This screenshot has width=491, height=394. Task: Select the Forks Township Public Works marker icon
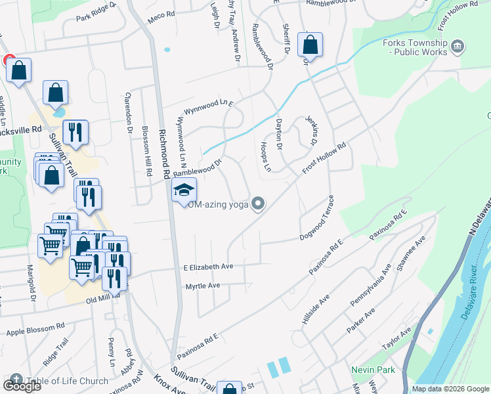tap(458, 46)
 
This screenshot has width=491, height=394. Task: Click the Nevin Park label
tap(373, 370)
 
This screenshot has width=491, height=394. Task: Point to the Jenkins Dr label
tap(312, 132)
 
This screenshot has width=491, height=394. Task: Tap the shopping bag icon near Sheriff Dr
tap(310, 46)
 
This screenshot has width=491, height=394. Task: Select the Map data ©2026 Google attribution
tap(450, 389)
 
